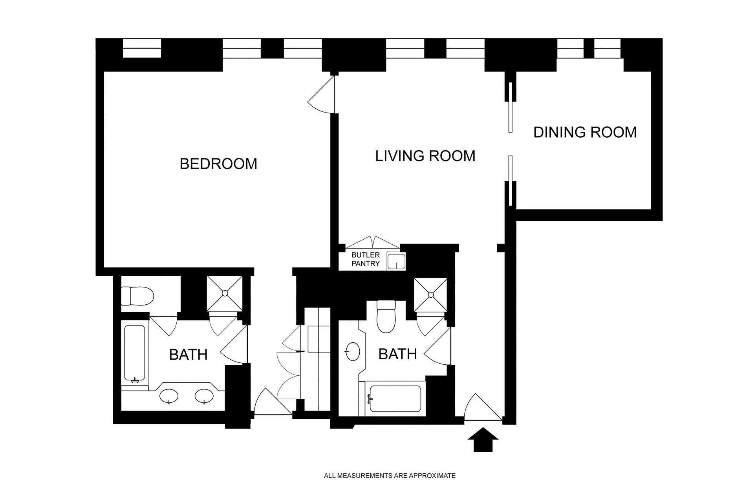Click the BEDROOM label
218,164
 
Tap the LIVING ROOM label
425,156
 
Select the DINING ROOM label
585,132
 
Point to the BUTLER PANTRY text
366,259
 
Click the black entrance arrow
483,440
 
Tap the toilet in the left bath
137,296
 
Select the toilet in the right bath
386,316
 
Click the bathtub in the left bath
135,353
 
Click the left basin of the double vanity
169,396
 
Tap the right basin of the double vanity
204,396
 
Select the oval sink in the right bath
353,351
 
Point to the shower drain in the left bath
225,293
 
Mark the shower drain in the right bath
431,295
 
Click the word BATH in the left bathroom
188,355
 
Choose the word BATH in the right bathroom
398,354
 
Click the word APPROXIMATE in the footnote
432,476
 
